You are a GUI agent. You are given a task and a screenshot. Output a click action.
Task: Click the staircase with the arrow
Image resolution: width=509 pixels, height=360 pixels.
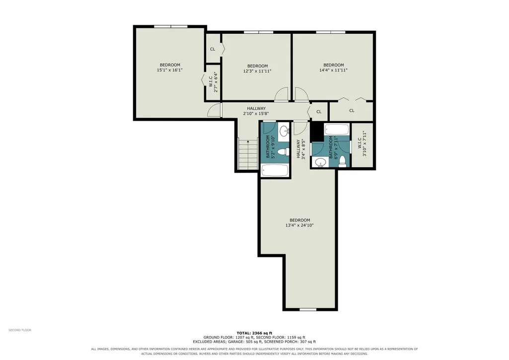tap(248, 154)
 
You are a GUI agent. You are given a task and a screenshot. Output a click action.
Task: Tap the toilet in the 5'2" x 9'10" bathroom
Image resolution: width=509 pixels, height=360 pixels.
tap(284, 151)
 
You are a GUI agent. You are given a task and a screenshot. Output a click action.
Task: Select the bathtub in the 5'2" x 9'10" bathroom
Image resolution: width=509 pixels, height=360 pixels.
tap(275, 170)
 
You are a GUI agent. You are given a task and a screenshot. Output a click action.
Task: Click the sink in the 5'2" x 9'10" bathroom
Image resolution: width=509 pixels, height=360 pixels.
tap(285, 131)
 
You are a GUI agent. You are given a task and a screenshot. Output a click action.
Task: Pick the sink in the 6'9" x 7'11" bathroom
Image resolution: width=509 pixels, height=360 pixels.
tap(321, 162)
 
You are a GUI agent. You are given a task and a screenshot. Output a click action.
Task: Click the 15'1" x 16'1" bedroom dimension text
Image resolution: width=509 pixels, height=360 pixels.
tap(170, 70)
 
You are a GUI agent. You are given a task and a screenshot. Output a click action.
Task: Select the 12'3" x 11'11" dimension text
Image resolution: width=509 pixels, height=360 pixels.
tap(257, 71)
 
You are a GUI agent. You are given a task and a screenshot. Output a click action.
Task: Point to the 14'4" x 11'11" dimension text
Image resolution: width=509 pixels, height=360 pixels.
tap(333, 70)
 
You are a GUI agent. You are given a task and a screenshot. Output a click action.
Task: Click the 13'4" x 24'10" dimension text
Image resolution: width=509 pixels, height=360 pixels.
tap(299, 225)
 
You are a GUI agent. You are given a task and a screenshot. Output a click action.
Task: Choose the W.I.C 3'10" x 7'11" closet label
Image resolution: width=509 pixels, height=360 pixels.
tap(362, 144)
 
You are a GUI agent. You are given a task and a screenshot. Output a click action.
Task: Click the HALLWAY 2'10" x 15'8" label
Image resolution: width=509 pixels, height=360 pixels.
tap(256, 111)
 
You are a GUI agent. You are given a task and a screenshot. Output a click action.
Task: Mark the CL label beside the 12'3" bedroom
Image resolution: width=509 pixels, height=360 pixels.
tap(213, 49)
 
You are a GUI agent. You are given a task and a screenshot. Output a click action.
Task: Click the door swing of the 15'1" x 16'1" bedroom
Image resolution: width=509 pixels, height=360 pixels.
tap(214, 110)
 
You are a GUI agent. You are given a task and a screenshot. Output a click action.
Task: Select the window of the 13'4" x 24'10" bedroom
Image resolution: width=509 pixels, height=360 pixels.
tap(307, 309)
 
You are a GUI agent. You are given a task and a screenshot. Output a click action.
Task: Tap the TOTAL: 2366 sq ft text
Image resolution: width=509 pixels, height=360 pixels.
tap(254, 333)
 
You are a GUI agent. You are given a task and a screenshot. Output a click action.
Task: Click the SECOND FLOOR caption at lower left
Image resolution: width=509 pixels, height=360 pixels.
tap(20, 330)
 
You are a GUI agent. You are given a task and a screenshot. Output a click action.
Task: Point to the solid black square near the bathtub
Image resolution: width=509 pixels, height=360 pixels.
tap(317, 132)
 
